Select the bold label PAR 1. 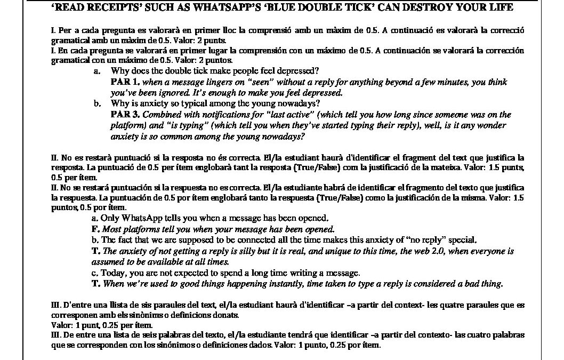[125, 82]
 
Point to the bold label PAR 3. [125, 115]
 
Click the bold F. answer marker [95, 229]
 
